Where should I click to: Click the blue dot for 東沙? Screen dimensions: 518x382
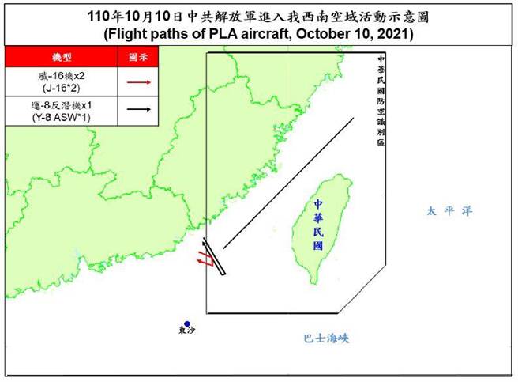coord(187,323)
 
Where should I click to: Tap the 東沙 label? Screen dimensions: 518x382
coord(186,333)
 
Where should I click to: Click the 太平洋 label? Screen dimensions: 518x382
coord(442,211)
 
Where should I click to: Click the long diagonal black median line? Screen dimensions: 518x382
coord(288,183)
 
